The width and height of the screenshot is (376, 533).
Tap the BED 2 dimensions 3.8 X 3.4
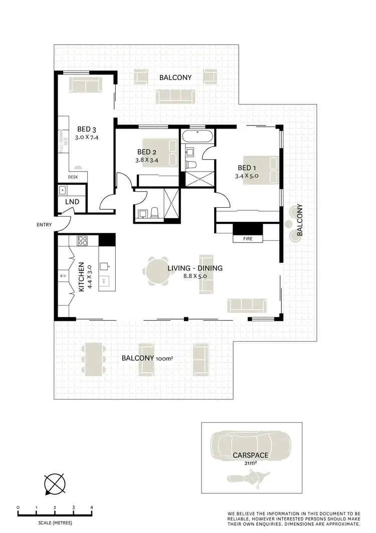(147, 161)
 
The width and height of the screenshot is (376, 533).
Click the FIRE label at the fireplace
(247, 239)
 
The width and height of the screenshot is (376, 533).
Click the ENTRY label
(44, 225)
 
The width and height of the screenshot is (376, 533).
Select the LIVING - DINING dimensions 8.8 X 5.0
(195, 277)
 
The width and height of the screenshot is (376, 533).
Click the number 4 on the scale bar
(92, 507)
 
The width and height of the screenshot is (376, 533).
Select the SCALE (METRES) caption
(54, 523)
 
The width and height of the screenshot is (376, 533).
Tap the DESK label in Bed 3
(74, 177)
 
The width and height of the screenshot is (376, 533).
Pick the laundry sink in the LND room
(63, 190)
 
